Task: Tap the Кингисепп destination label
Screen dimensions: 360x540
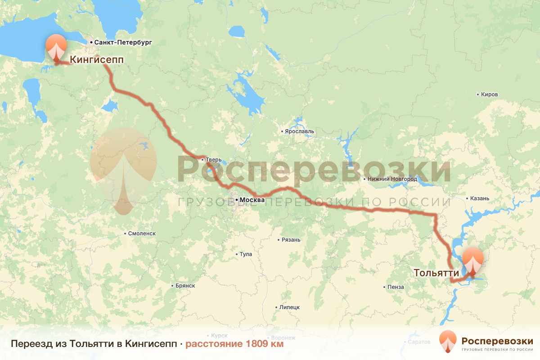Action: coord(96,59)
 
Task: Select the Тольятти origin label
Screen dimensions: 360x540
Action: coord(436,273)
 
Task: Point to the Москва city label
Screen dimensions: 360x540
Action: coord(252,200)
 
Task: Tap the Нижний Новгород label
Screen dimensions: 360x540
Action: coord(392,179)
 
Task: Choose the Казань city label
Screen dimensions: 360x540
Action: coord(480,198)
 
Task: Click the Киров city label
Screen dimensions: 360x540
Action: coord(490,94)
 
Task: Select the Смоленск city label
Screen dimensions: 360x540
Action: coord(142,234)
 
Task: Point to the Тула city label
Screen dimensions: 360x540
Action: coord(246,254)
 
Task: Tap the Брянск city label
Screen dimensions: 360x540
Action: coord(184,286)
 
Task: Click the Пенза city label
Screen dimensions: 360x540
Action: coord(395,287)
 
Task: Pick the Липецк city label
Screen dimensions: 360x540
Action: coord(289,307)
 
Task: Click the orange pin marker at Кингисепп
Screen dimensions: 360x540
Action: coord(56,47)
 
